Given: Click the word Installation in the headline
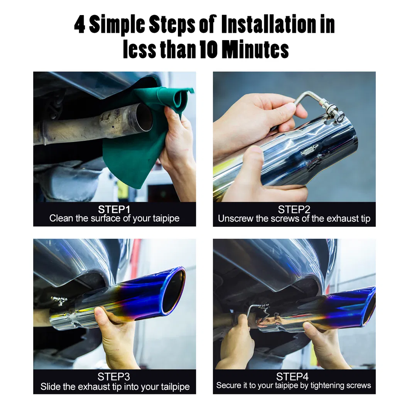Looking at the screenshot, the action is (269, 24).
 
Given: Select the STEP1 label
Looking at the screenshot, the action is (114, 210).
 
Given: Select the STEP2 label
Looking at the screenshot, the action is (294, 210).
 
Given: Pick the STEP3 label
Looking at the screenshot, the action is (114, 377).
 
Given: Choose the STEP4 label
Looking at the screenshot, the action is (292, 377).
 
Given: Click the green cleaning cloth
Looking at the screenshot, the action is (146, 130).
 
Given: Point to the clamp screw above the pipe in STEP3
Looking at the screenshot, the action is (59, 301).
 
